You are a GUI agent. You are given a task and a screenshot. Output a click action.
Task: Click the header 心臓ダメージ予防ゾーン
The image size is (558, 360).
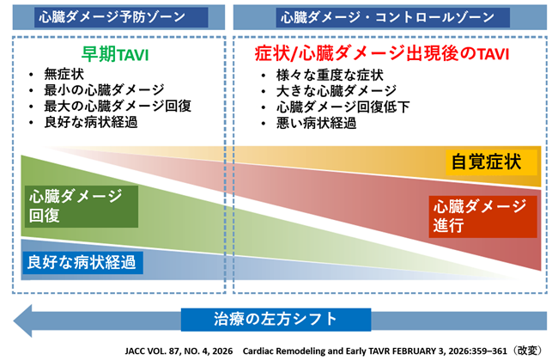pyautogui.click(x=112, y=16)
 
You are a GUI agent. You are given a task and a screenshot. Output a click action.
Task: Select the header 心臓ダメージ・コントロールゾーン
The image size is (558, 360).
pyautogui.click(x=387, y=17)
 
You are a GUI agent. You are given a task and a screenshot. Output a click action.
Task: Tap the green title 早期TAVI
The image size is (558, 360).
pyautogui.click(x=115, y=54)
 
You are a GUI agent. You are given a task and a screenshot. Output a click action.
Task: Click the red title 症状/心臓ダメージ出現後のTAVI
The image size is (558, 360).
pyautogui.click(x=382, y=54)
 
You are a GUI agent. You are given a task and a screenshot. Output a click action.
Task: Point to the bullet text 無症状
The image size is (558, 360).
pyautogui.click(x=64, y=74)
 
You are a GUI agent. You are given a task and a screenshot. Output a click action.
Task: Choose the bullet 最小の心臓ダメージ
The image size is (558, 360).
pyautogui.click(x=104, y=89)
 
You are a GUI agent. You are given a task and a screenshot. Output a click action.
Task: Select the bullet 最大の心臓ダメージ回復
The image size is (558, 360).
pyautogui.click(x=118, y=106)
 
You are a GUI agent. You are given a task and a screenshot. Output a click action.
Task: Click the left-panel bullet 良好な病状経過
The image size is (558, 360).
pyautogui.click(x=91, y=122)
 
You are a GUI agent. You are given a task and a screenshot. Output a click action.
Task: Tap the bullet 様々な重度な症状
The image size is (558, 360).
pyautogui.click(x=330, y=75)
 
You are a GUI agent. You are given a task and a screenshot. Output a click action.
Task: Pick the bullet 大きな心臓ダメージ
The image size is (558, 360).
pyautogui.click(x=337, y=91)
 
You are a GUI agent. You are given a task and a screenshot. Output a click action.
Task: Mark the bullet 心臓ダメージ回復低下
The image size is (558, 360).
pyautogui.click(x=343, y=107)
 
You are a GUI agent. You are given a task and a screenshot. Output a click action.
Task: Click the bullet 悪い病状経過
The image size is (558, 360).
pyautogui.click(x=317, y=123)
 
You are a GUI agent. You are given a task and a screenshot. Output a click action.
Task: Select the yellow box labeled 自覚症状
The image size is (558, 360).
pyautogui.click(x=491, y=162)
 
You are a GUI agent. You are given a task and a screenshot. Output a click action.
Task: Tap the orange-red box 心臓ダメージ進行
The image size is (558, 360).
pyautogui.click(x=483, y=217)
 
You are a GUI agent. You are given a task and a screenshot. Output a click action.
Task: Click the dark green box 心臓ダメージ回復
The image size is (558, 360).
pyautogui.click(x=82, y=206)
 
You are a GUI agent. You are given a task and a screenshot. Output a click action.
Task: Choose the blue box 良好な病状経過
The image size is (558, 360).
pyautogui.click(x=82, y=263)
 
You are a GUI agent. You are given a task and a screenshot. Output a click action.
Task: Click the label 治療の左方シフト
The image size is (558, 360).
pyautogui.click(x=276, y=320)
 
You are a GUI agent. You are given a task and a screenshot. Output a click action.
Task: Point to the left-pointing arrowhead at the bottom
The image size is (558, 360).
pyautogui.click(x=23, y=320)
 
